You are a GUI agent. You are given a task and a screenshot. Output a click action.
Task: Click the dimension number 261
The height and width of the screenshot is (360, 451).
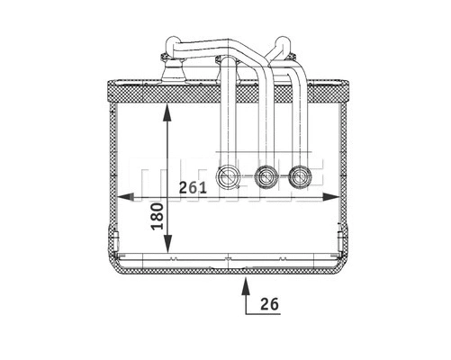pyautogui.click(x=194, y=187)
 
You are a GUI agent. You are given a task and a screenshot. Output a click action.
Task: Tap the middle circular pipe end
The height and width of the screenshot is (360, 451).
pyautogui.click(x=265, y=177)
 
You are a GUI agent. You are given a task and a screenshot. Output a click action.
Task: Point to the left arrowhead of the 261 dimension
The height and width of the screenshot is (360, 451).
pyautogui.click(x=124, y=195)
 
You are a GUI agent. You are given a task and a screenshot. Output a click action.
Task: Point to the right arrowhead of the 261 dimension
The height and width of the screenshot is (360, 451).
pyautogui.click(x=328, y=195)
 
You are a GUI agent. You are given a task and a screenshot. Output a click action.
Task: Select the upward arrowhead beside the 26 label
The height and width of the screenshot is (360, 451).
pyautogui.click(x=244, y=283)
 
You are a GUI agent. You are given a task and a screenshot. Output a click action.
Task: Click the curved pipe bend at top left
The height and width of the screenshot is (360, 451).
pyautogui.click(x=169, y=42)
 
